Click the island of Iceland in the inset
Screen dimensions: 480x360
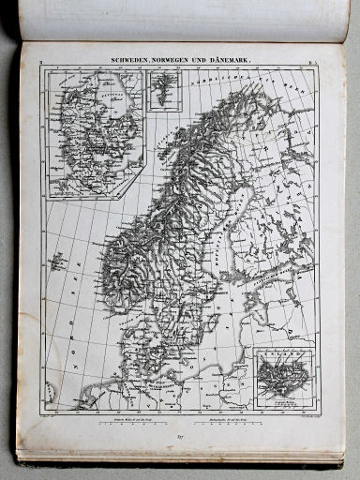[x=282, y=373]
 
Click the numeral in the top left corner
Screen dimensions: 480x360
[x=41, y=63]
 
